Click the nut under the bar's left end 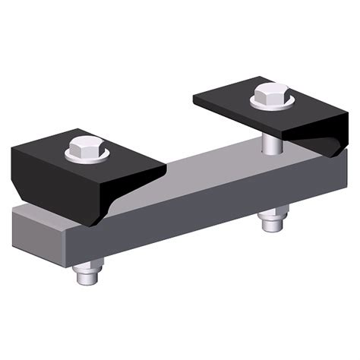tap(90, 268)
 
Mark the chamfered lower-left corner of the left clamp tap(19, 194)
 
